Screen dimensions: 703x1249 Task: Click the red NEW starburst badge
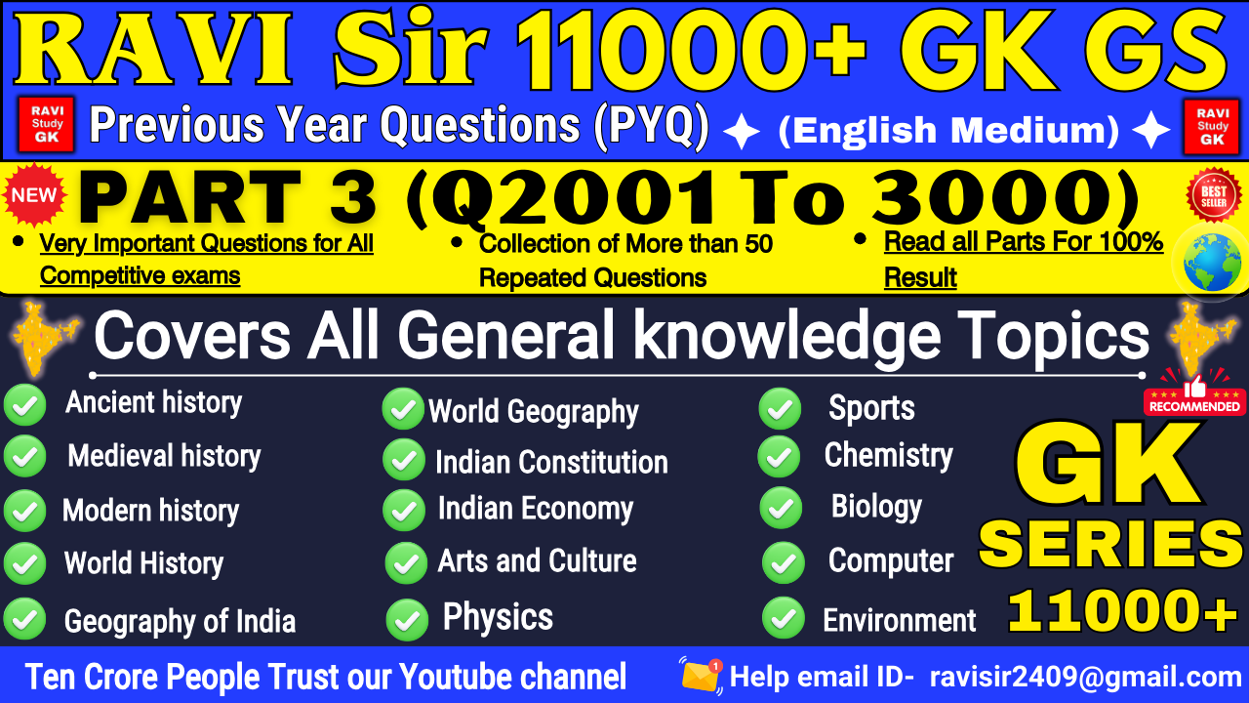(x=33, y=194)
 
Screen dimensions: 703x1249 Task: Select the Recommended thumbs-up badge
(x=1194, y=393)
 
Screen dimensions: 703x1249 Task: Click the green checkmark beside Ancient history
(x=24, y=405)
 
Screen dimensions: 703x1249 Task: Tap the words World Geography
(x=533, y=412)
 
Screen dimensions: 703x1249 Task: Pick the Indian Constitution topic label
(x=551, y=462)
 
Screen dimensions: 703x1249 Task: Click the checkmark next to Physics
(x=406, y=619)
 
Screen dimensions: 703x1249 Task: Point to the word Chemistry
(x=888, y=455)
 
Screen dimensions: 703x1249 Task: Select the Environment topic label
(x=899, y=620)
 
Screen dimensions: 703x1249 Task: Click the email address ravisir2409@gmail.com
(x=1085, y=677)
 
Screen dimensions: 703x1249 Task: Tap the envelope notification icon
(x=701, y=676)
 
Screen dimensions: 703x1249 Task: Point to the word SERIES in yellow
(x=1109, y=545)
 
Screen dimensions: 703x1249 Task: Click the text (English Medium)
(x=948, y=130)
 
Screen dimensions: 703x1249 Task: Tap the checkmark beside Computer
(x=783, y=562)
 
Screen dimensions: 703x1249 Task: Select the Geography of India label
(x=180, y=621)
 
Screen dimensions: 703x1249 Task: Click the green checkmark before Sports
(x=780, y=409)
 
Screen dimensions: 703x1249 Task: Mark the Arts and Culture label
(x=537, y=561)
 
